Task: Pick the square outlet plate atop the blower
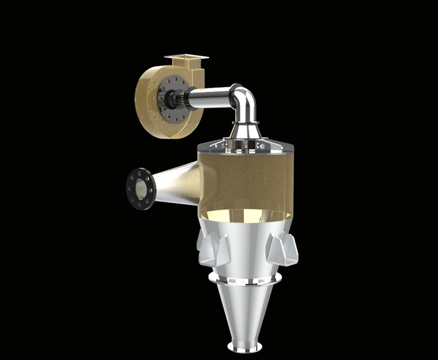186,57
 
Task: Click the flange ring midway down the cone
245,278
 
